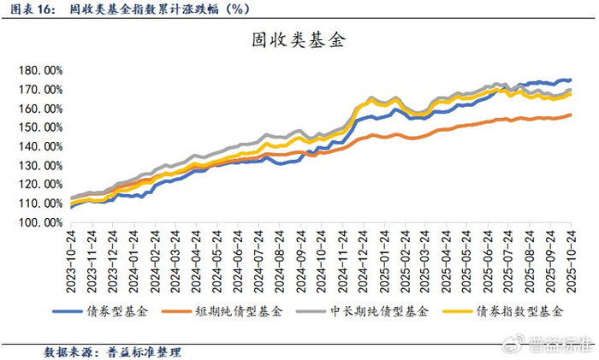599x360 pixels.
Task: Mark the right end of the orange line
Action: (x=571, y=115)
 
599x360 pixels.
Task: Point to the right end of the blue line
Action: (x=571, y=80)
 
